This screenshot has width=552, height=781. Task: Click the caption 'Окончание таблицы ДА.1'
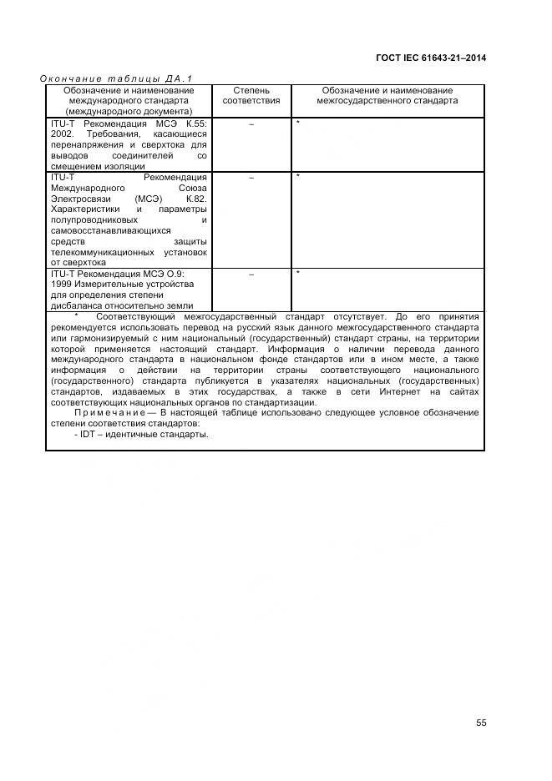117,78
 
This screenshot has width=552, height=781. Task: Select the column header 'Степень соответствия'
251,95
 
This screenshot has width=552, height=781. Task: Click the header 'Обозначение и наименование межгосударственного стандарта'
387,95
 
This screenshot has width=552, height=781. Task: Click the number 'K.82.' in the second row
195,199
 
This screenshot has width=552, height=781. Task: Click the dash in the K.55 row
251,123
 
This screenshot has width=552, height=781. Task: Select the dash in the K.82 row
251,177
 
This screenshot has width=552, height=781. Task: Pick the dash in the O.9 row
251,274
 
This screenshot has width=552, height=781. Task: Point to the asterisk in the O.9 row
298,273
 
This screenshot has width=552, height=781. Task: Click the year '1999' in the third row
63,285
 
